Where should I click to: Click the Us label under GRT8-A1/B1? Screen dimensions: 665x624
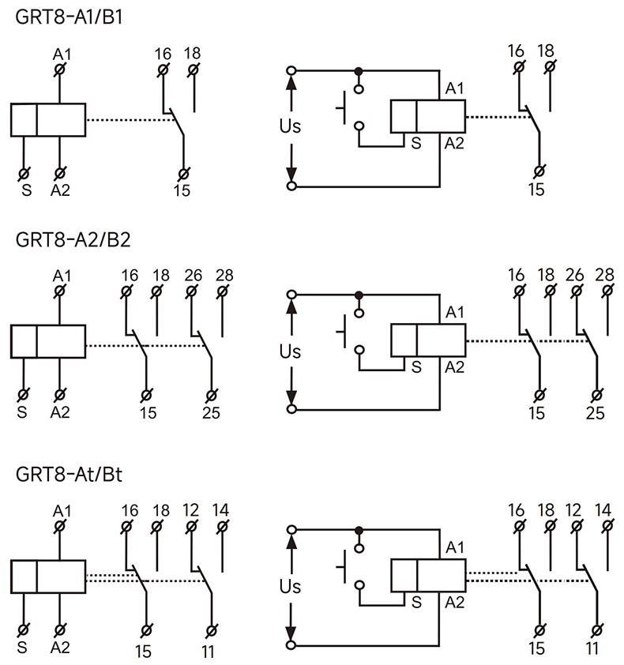pos(291,126)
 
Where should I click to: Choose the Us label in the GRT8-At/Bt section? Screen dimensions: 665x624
pos(291,587)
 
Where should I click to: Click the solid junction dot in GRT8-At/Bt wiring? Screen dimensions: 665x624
pos(359,530)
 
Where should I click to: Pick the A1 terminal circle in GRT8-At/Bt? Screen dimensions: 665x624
pos(60,525)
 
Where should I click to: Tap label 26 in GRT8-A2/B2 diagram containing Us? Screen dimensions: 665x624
pos(575,275)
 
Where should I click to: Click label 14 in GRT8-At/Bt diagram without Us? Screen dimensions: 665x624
pos(223,509)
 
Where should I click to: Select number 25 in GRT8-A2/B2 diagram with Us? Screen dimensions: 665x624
pos(596,412)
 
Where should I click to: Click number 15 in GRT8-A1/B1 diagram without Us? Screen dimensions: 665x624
pos(183,191)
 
